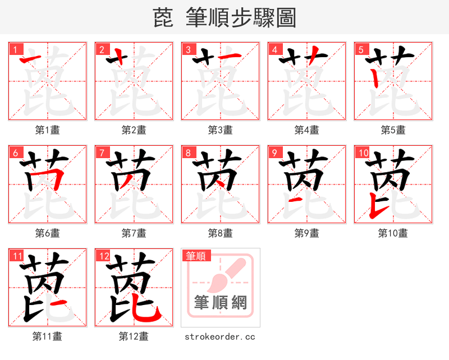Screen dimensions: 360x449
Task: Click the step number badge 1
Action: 14,49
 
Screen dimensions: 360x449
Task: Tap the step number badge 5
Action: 360,49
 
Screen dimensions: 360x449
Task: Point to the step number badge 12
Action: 103,256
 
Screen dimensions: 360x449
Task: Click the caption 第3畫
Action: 220,130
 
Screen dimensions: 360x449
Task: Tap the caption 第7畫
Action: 134,233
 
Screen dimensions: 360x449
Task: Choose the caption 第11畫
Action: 47,336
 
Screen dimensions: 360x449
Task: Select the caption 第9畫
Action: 306,233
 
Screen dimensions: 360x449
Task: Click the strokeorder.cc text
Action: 220,336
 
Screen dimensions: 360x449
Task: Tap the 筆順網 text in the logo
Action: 221,303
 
